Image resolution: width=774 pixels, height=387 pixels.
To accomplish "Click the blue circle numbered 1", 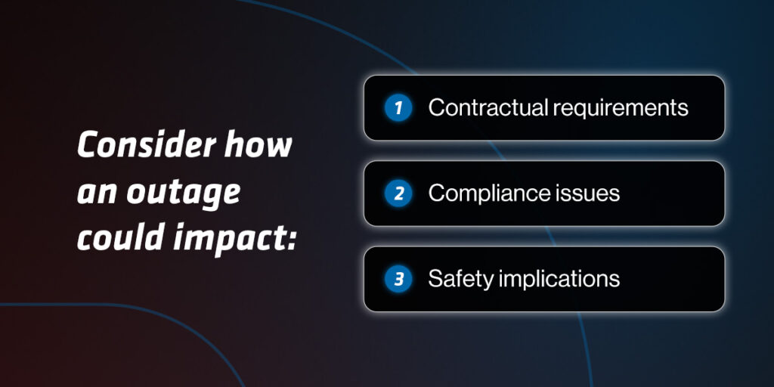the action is (398, 107).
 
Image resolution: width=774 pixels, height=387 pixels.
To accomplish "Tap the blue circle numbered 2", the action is (398, 193).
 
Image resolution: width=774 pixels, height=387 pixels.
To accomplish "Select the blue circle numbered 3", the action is (398, 279).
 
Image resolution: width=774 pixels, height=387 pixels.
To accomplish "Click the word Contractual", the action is (488, 107).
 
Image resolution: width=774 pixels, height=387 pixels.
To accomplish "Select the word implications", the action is (559, 280).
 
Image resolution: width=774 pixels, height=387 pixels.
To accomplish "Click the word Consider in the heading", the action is (147, 145).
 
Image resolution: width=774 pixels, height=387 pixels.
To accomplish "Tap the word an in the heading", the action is (98, 193).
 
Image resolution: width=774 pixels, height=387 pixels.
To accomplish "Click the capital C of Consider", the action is (88, 145).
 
